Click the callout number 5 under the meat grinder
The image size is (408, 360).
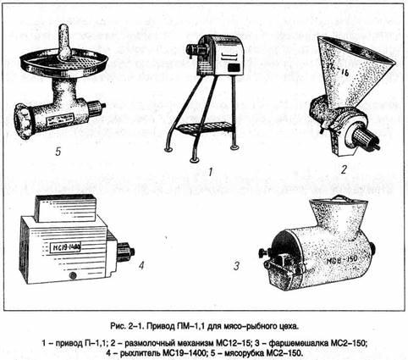tap(58, 152)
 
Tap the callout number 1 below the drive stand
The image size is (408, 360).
tap(211, 172)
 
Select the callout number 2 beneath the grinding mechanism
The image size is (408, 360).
tap(344, 169)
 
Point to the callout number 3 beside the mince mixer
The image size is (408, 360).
tap(236, 266)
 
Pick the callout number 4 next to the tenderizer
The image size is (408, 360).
tap(141, 265)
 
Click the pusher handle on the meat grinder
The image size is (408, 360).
tap(65, 42)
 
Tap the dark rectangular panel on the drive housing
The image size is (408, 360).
tap(234, 68)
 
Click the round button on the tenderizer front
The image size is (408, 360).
tap(73, 275)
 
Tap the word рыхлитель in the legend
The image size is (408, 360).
tap(137, 353)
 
